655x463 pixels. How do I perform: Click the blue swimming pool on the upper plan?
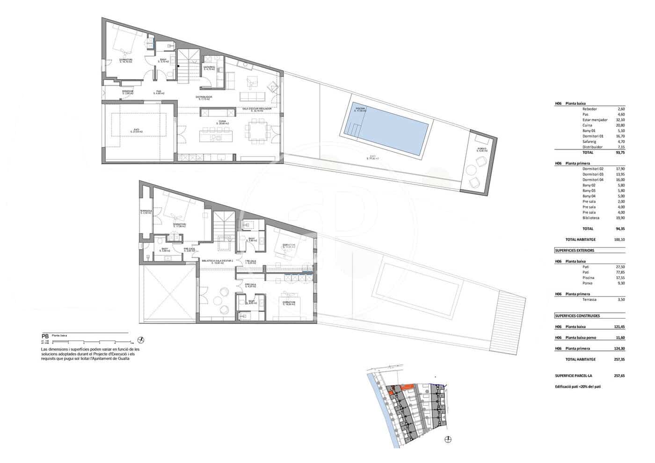[x=387, y=128]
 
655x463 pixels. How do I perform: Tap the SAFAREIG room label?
[x=209, y=67]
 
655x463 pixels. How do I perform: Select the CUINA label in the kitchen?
[x=222, y=123]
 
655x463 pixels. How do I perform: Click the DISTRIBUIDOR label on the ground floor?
[x=204, y=97]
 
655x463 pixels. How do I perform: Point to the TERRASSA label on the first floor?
[x=146, y=211]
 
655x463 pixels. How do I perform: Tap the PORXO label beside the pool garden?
[x=481, y=149]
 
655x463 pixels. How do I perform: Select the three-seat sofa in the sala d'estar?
[x=253, y=97]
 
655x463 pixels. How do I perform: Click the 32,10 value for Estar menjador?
[x=620, y=120]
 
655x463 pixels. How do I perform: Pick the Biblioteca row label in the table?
[x=590, y=218]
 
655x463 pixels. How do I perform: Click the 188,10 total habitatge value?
[x=619, y=239]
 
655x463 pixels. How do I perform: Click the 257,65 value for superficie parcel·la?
[x=619, y=376]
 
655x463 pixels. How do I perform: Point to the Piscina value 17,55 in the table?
[x=620, y=278]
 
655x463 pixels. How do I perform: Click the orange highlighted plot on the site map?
[x=407, y=386]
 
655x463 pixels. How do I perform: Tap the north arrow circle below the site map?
[x=448, y=439]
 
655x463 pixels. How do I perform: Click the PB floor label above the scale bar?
[x=45, y=336]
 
